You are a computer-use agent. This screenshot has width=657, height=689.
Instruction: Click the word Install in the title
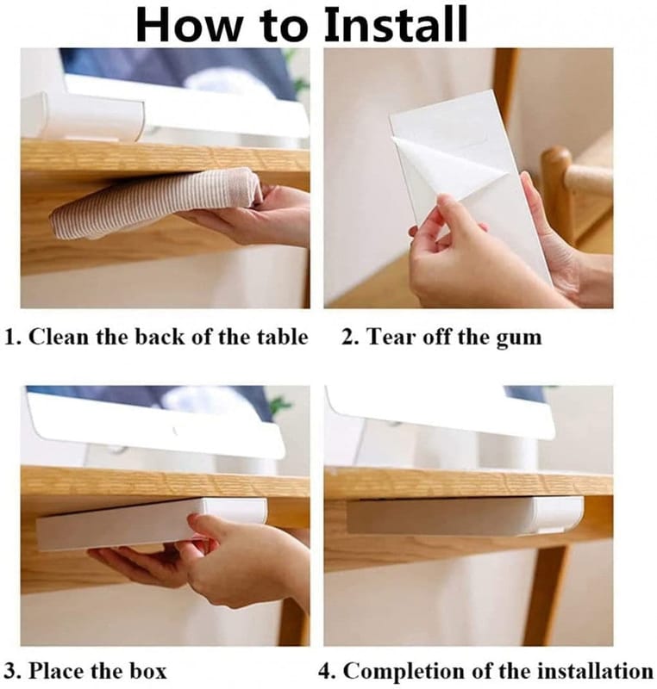pos(395,24)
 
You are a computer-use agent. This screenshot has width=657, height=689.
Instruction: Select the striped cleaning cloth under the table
pos(156,203)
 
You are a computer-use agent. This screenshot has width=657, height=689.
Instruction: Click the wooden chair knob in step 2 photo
pos(556,164)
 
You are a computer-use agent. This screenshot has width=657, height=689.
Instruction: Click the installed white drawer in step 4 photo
pos(466,515)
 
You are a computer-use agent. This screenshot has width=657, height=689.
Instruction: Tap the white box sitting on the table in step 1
pos(82,116)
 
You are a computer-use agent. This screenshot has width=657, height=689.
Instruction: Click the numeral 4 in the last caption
pos(324,672)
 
